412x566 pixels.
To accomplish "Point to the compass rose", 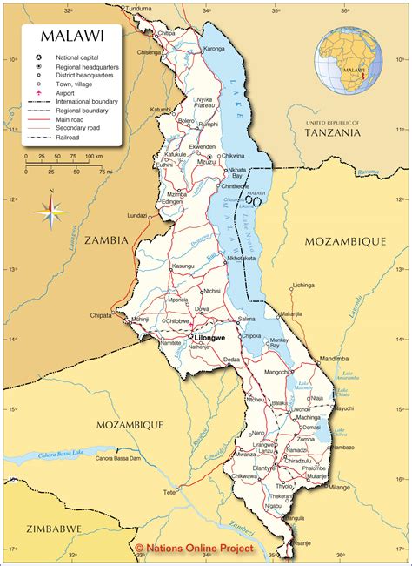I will pos(51,210).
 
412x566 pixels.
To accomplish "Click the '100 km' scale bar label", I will pos(93,156).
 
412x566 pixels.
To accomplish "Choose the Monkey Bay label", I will pos(279,342).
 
